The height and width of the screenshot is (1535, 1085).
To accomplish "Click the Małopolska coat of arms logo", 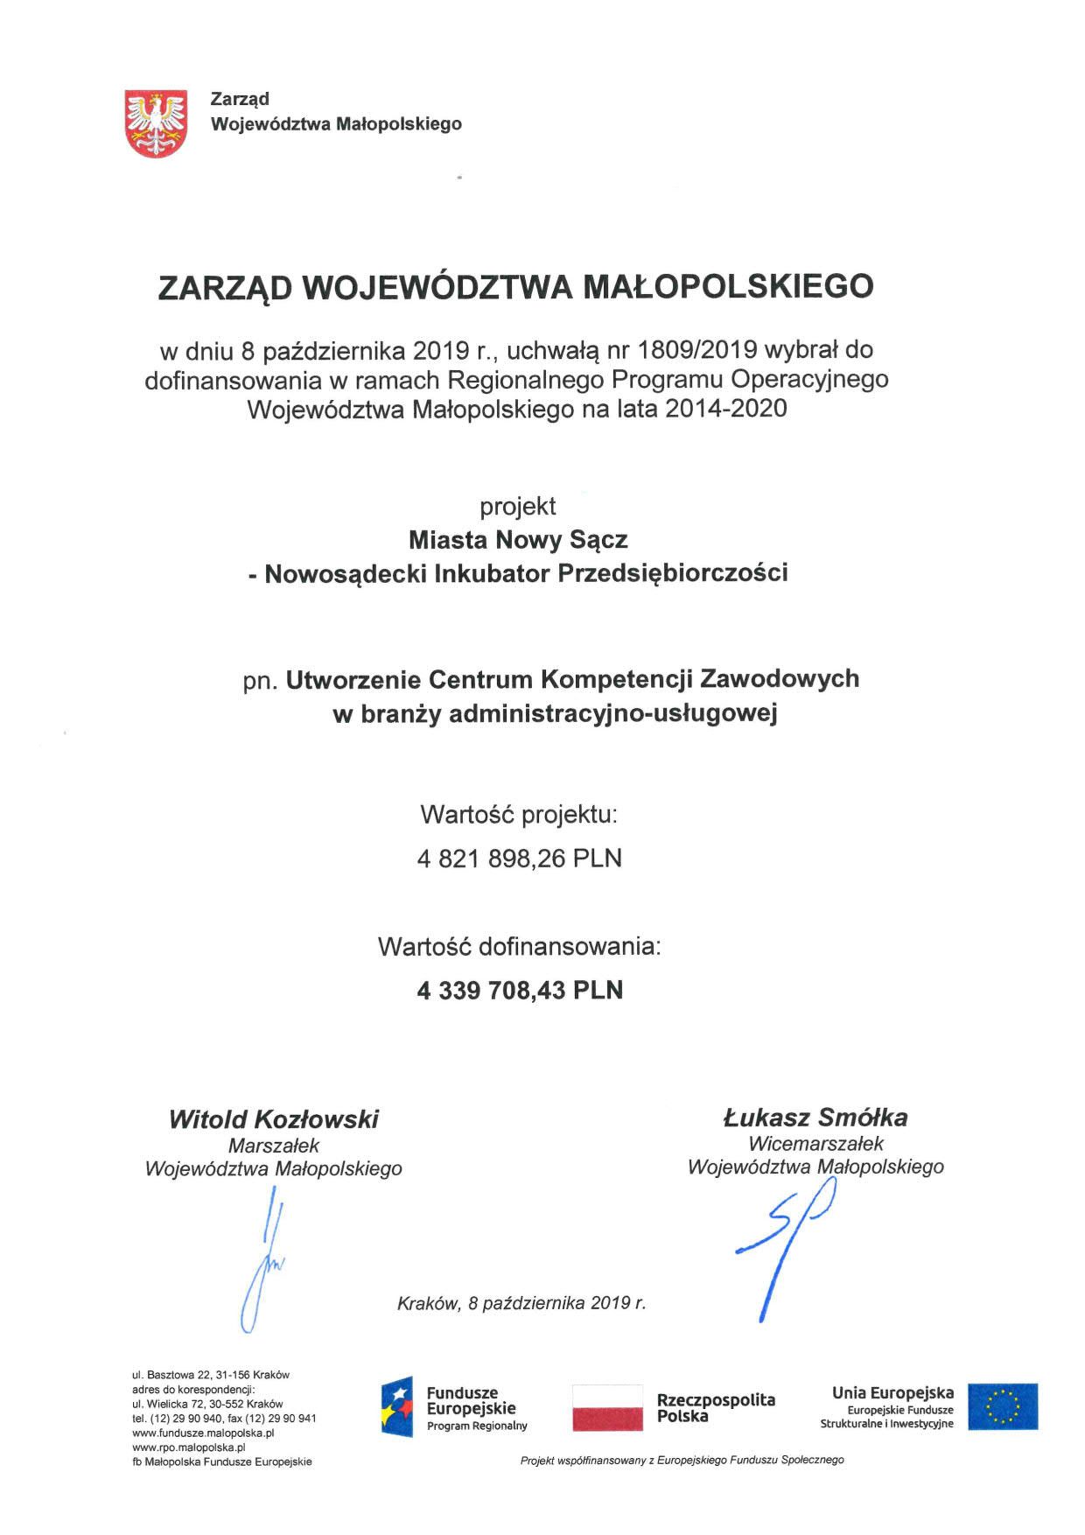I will pyautogui.click(x=157, y=122).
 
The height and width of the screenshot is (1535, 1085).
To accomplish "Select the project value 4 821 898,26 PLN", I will pyautogui.click(x=520, y=859).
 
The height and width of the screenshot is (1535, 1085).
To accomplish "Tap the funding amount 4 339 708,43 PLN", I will pyautogui.click(x=520, y=990).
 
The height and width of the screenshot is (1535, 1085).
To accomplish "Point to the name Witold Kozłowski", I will pyautogui.click(x=274, y=1118).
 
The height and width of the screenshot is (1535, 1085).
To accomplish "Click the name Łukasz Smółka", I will pyautogui.click(x=815, y=1117).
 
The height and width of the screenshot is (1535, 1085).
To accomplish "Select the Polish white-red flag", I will pyautogui.click(x=607, y=1407).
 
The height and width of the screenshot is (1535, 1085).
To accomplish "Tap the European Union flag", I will pyautogui.click(x=1003, y=1406).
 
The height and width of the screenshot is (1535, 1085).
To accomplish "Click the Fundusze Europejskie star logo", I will pyautogui.click(x=396, y=1406).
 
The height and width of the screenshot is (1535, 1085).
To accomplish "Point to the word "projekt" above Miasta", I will pyautogui.click(x=518, y=506).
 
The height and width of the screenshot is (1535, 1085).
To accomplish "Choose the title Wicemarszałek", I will pyautogui.click(x=815, y=1143).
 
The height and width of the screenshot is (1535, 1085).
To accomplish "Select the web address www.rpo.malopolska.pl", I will pyautogui.click(x=189, y=1447).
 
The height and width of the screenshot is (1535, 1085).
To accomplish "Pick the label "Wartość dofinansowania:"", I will pyautogui.click(x=520, y=946).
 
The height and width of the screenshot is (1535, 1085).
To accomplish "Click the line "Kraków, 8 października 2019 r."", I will pyautogui.click(x=521, y=1302).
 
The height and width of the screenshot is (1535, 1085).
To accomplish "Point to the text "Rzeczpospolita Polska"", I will pyautogui.click(x=715, y=1407).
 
